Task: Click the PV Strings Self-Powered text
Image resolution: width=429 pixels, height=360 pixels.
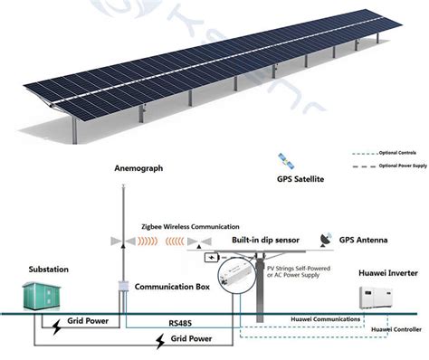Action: (x=303, y=269)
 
